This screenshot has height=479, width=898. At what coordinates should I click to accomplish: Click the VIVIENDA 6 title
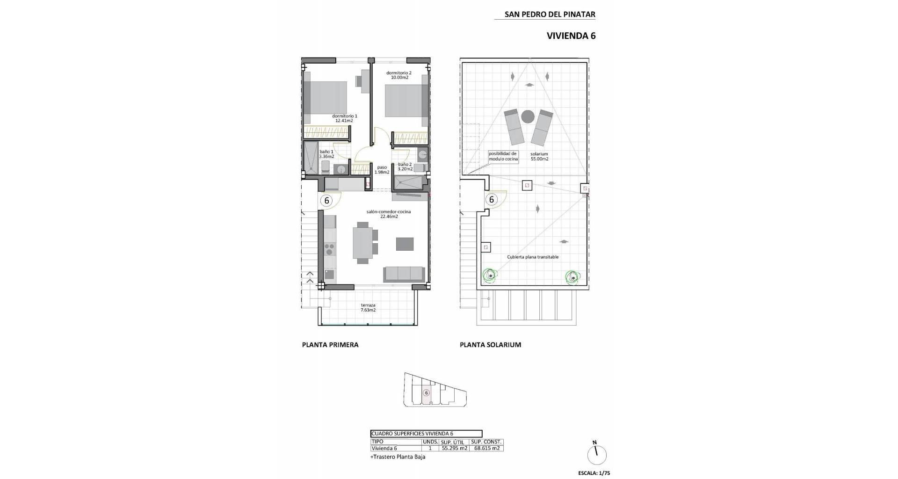pos(571,36)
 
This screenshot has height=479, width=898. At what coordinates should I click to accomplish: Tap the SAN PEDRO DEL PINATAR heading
pos(550,14)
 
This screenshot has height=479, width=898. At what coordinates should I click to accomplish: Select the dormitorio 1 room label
pos(345,118)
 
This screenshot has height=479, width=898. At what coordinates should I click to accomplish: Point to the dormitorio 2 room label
pos(399,75)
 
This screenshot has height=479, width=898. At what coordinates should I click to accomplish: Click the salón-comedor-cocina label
pos(389,214)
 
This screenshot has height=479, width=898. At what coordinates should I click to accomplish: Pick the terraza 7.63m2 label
pos(368,307)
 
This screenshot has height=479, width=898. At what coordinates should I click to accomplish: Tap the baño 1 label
pos(326,154)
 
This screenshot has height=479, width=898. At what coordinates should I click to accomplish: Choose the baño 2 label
pos(405,167)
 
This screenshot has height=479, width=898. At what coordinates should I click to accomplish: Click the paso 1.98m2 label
pos(382,169)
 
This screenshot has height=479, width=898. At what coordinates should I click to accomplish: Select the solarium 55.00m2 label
pos(539,156)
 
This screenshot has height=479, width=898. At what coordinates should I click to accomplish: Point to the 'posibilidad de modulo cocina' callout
pos(503,156)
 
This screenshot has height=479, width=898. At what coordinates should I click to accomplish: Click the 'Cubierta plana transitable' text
pos(533,257)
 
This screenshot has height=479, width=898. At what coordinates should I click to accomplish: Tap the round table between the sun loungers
pos(528,116)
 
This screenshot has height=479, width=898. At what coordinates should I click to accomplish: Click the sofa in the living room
pos(405,274)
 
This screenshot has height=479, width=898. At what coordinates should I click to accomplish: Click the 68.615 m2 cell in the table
pos(487,448)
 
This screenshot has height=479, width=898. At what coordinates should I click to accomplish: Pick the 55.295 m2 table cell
pos(455,448)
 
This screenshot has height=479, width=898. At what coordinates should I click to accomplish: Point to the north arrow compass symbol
pos(597,454)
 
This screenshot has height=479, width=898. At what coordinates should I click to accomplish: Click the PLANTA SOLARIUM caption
pos(490,345)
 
